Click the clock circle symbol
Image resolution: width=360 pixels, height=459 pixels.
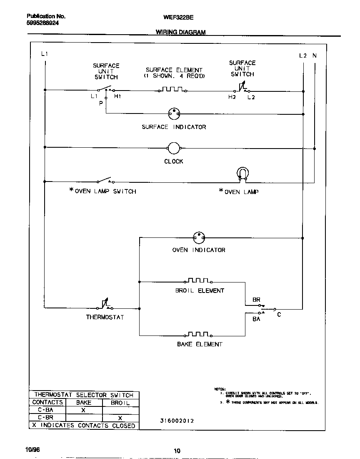(173, 148)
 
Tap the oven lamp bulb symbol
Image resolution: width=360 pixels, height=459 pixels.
(242, 174)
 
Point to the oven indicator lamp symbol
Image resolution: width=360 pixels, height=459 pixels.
(199, 238)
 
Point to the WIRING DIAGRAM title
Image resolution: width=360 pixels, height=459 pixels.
(180, 32)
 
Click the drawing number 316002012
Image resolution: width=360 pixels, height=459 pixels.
(177, 421)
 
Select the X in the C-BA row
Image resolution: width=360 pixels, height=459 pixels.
(83, 410)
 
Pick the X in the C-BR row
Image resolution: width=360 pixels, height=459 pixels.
(120, 418)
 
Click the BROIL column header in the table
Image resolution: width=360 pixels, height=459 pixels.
(120, 403)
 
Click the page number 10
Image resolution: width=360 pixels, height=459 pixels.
(177, 451)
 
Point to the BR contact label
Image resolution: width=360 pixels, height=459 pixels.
(256, 300)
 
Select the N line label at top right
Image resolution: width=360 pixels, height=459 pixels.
(314, 55)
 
